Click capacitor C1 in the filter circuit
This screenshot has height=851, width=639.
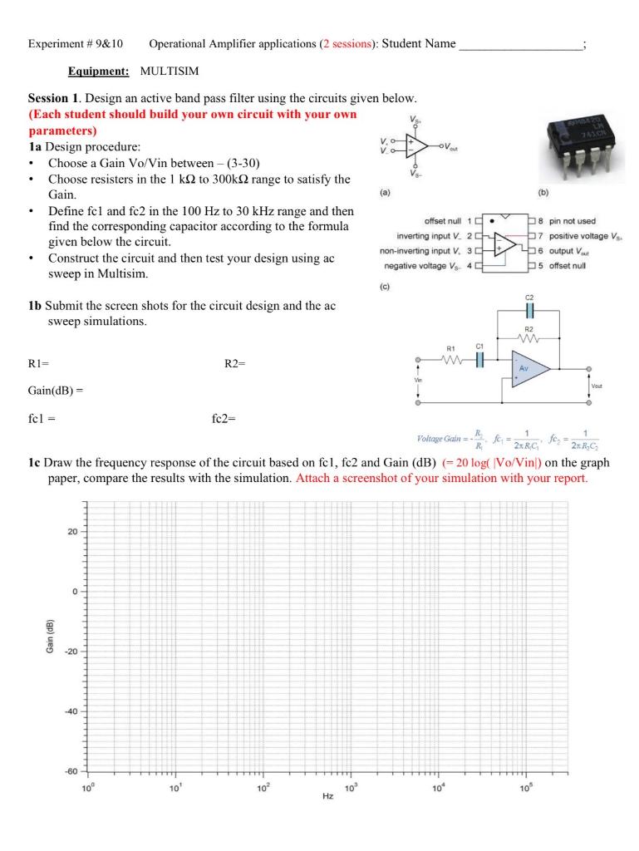coord(479,360)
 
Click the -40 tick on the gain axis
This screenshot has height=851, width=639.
coord(70,711)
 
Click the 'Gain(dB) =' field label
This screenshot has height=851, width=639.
coord(57,389)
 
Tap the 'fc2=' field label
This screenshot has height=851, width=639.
coord(224,418)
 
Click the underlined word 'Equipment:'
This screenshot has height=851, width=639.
coord(98,72)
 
